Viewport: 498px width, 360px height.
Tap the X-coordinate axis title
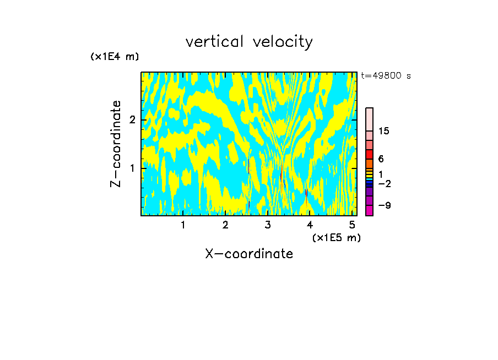(x=249, y=254)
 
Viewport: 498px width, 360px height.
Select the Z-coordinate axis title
(x=116, y=144)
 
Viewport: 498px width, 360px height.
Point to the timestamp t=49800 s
(x=386, y=76)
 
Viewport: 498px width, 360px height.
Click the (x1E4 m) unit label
(x=115, y=57)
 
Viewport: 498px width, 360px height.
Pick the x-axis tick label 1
(x=183, y=225)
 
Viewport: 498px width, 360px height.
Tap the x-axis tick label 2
(x=225, y=225)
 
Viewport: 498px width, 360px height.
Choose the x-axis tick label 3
(x=268, y=225)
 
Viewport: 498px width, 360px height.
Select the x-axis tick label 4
(x=310, y=225)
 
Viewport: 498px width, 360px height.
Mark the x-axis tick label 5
(x=352, y=225)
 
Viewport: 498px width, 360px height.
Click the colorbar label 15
(x=384, y=131)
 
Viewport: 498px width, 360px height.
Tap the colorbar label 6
(x=381, y=159)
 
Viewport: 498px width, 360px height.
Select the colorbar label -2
(x=384, y=184)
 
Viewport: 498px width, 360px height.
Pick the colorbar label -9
(x=384, y=205)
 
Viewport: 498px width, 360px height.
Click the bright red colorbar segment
(x=369, y=154)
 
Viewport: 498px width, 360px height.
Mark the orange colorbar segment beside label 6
(x=369, y=163)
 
